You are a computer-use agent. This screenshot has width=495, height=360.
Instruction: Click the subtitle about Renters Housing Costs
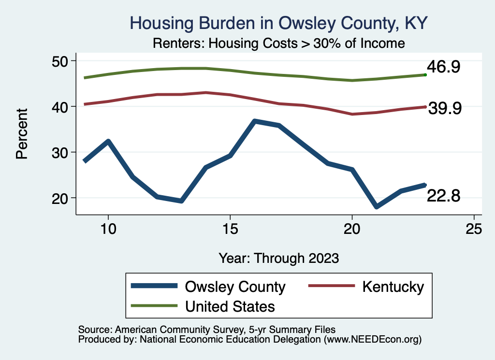pyautogui.click(x=278, y=43)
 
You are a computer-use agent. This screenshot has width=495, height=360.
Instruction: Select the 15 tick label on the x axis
pyautogui.click(x=230, y=229)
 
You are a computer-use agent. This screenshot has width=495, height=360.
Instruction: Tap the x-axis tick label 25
pyautogui.click(x=474, y=229)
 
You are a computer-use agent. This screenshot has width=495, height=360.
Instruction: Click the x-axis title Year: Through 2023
pyautogui.click(x=278, y=258)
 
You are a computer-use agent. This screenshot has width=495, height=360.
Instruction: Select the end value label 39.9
pyautogui.click(x=445, y=109)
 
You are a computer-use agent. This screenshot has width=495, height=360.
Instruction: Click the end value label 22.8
pyautogui.click(x=443, y=196)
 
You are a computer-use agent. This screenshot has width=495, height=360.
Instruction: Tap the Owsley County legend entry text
pyautogui.click(x=235, y=287)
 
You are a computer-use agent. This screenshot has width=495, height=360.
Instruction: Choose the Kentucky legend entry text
pyautogui.click(x=393, y=287)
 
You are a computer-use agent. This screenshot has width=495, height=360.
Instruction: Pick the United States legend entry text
pyautogui.click(x=230, y=306)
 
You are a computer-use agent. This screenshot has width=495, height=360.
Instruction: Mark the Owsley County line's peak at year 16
pyautogui.click(x=255, y=121)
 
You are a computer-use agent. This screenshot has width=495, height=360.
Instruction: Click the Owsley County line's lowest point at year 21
pyautogui.click(x=377, y=206)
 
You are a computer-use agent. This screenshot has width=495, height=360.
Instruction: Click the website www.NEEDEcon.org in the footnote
pyautogui.click(x=372, y=340)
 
